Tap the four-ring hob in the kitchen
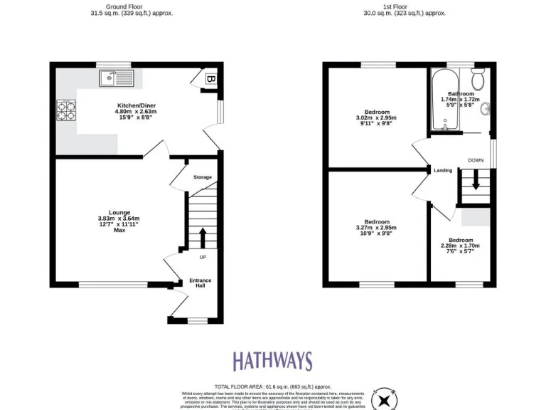67,110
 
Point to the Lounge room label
119,212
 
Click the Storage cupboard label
203,177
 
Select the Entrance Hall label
200,283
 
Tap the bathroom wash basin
486,109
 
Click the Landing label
443,170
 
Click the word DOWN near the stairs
476,160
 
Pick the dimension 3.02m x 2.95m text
377,118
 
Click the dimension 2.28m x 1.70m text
460,246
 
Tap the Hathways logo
272,361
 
